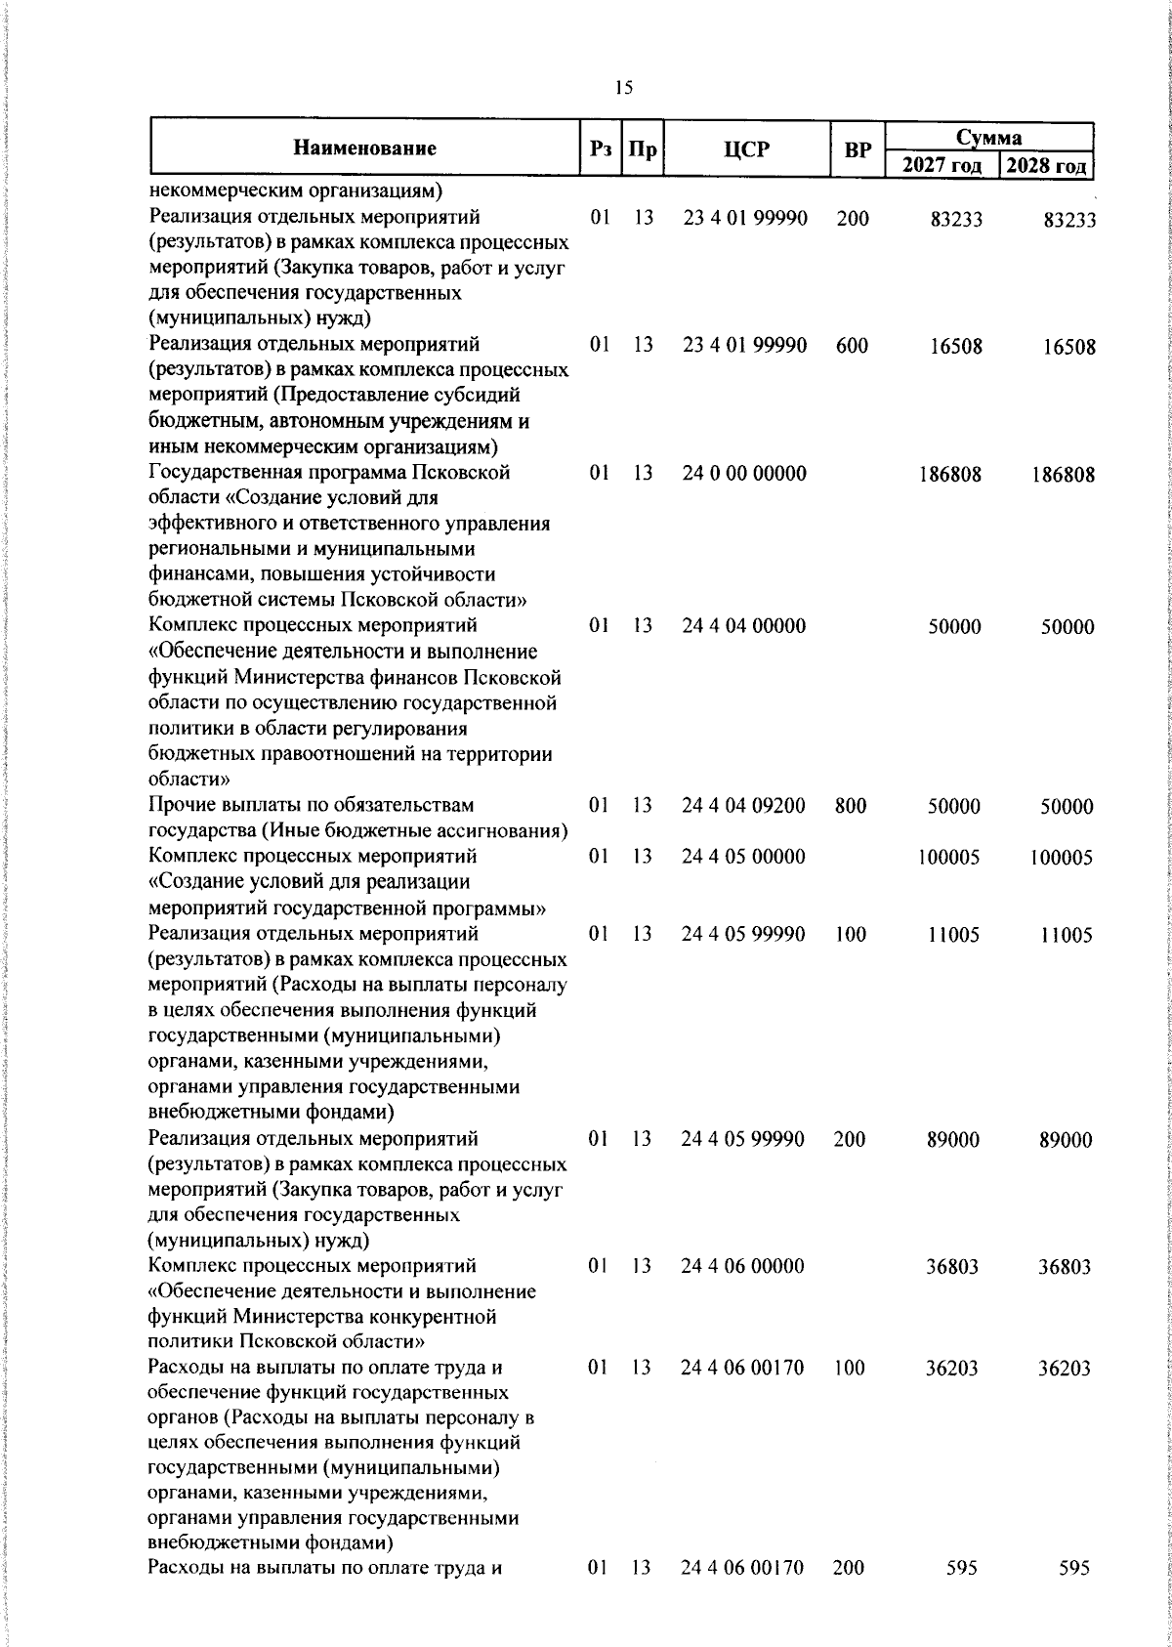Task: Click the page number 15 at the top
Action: (x=624, y=88)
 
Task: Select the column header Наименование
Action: (x=364, y=149)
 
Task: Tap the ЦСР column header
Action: (x=746, y=149)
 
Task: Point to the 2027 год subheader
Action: (x=942, y=165)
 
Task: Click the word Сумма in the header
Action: (x=988, y=137)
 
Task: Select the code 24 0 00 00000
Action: (x=744, y=474)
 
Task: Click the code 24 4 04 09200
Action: (x=744, y=806)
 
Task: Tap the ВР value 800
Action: (x=852, y=806)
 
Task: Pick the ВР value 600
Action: (x=852, y=346)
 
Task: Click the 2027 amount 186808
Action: (x=950, y=475)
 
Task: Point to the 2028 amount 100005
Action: (x=1062, y=858)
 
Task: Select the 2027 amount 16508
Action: (x=956, y=347)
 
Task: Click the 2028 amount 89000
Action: (x=1067, y=1140)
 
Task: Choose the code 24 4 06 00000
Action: (x=744, y=1266)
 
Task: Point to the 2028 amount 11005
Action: (x=1067, y=935)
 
